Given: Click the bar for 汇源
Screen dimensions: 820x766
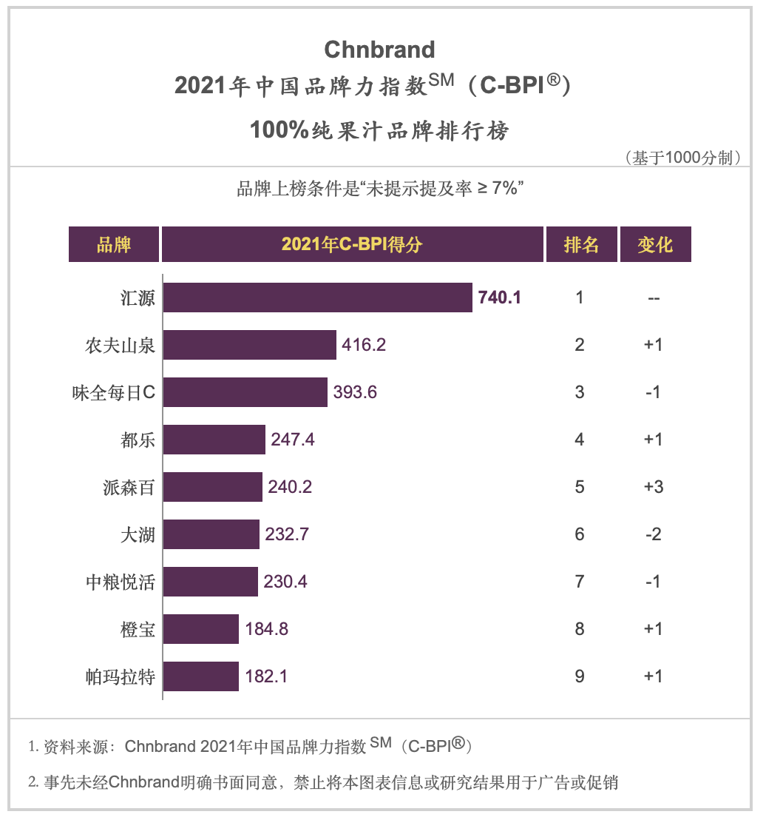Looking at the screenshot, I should (317, 298).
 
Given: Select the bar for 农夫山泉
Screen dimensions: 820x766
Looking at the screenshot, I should (250, 345).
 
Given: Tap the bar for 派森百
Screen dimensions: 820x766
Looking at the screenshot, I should (213, 487).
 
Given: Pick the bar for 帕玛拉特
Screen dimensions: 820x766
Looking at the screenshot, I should (201, 676).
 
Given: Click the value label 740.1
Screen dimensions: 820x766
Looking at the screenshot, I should (500, 298).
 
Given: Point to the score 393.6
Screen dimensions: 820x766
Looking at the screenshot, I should (355, 392).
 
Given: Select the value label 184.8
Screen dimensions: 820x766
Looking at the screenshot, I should (266, 629).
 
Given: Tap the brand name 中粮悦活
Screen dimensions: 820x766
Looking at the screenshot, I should (120, 582).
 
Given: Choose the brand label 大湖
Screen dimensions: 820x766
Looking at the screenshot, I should (138, 534).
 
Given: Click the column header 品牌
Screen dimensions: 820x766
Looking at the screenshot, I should (114, 244).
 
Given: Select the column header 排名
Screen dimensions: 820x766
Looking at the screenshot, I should (581, 244).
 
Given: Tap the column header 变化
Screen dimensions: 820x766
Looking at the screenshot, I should (655, 244).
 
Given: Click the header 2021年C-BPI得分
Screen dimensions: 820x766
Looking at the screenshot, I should (352, 244).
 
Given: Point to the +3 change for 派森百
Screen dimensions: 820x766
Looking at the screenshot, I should (654, 487).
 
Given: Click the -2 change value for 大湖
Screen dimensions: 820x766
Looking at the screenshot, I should (654, 534).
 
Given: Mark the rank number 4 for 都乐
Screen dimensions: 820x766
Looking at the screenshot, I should (580, 440).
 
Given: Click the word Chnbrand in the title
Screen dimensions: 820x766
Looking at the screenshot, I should (379, 50).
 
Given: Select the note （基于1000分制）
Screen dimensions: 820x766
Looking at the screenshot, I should (682, 158).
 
